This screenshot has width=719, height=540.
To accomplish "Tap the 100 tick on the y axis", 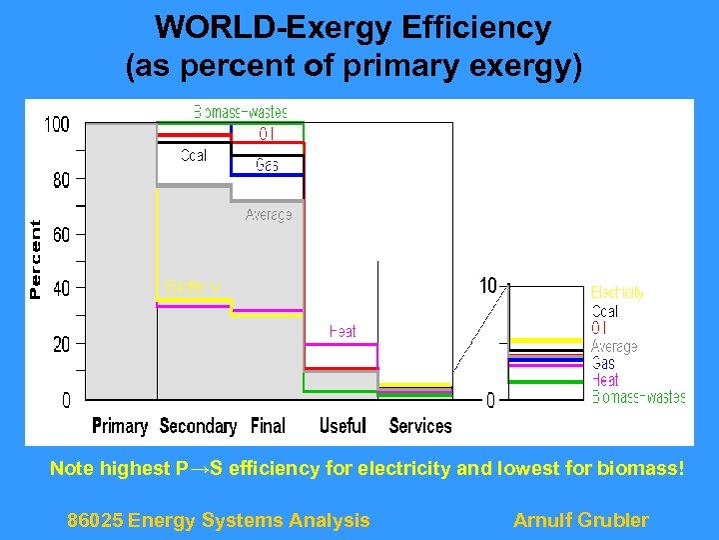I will pos(57,125).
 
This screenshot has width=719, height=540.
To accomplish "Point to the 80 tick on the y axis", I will pos(61,180).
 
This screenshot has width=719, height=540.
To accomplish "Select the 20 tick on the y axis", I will pos(61,344).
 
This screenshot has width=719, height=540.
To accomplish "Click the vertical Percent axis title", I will pos(36,260).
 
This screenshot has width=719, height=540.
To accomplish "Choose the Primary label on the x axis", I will pos(120,426).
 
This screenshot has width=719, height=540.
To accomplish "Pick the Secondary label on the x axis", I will pos(198,426).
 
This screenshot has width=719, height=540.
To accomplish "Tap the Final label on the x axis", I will pos(268,426).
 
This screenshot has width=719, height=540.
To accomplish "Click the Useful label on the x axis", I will pos(343,426).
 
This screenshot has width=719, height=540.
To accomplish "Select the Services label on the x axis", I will pos(420,426).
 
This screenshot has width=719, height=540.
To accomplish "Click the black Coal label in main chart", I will pos(194,156).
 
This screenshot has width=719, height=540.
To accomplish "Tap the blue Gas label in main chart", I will pos(267,165).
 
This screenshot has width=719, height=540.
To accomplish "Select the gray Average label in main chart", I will pos(269,215).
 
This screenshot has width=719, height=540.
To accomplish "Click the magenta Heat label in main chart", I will pos(343,331).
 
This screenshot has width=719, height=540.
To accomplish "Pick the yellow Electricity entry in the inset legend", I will pos(617,293).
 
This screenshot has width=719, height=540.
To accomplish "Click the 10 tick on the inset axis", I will pos(488,286).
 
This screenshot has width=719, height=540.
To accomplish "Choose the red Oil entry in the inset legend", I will pos(599,328).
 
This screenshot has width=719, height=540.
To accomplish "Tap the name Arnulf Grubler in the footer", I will pos(580,520).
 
